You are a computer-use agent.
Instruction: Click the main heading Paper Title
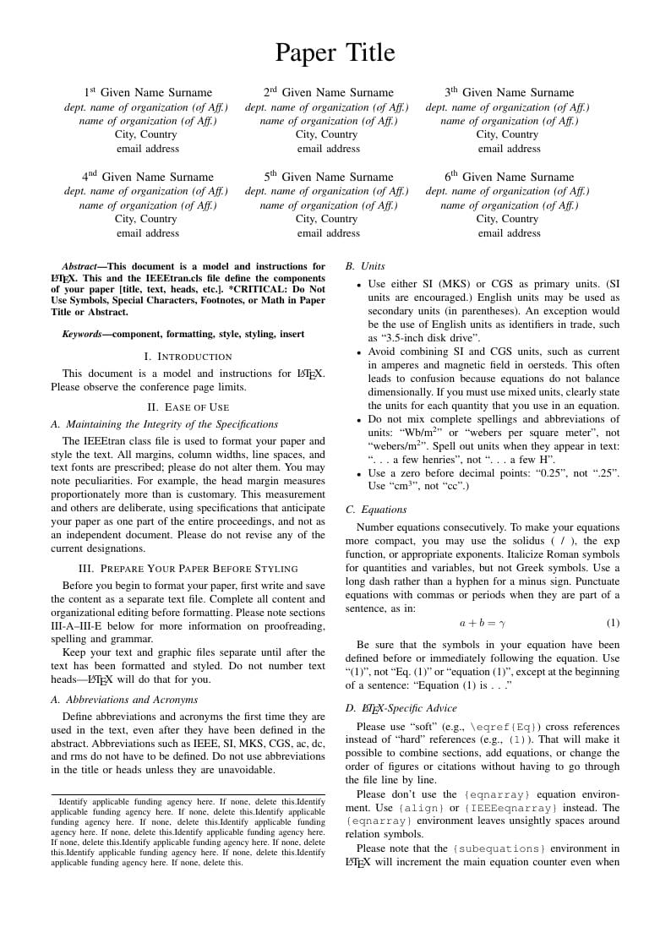pyautogui.click(x=335, y=53)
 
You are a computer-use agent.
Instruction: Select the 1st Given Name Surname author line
pyautogui.click(x=148, y=93)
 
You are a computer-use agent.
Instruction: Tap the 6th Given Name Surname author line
pyautogui.click(x=509, y=177)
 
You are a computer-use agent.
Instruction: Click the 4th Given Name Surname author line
pyautogui.click(x=148, y=177)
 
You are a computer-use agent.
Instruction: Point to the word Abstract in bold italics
pyautogui.click(x=79, y=266)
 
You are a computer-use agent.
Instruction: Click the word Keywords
pyautogui.click(x=82, y=334)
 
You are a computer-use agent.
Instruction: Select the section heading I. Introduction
pyautogui.click(x=188, y=357)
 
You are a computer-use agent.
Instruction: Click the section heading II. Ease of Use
pyautogui.click(x=188, y=407)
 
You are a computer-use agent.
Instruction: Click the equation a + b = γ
pyautogui.click(x=482, y=623)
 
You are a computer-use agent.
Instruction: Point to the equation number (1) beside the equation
pyautogui.click(x=613, y=623)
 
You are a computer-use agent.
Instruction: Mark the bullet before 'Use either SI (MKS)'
pyautogui.click(x=359, y=285)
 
